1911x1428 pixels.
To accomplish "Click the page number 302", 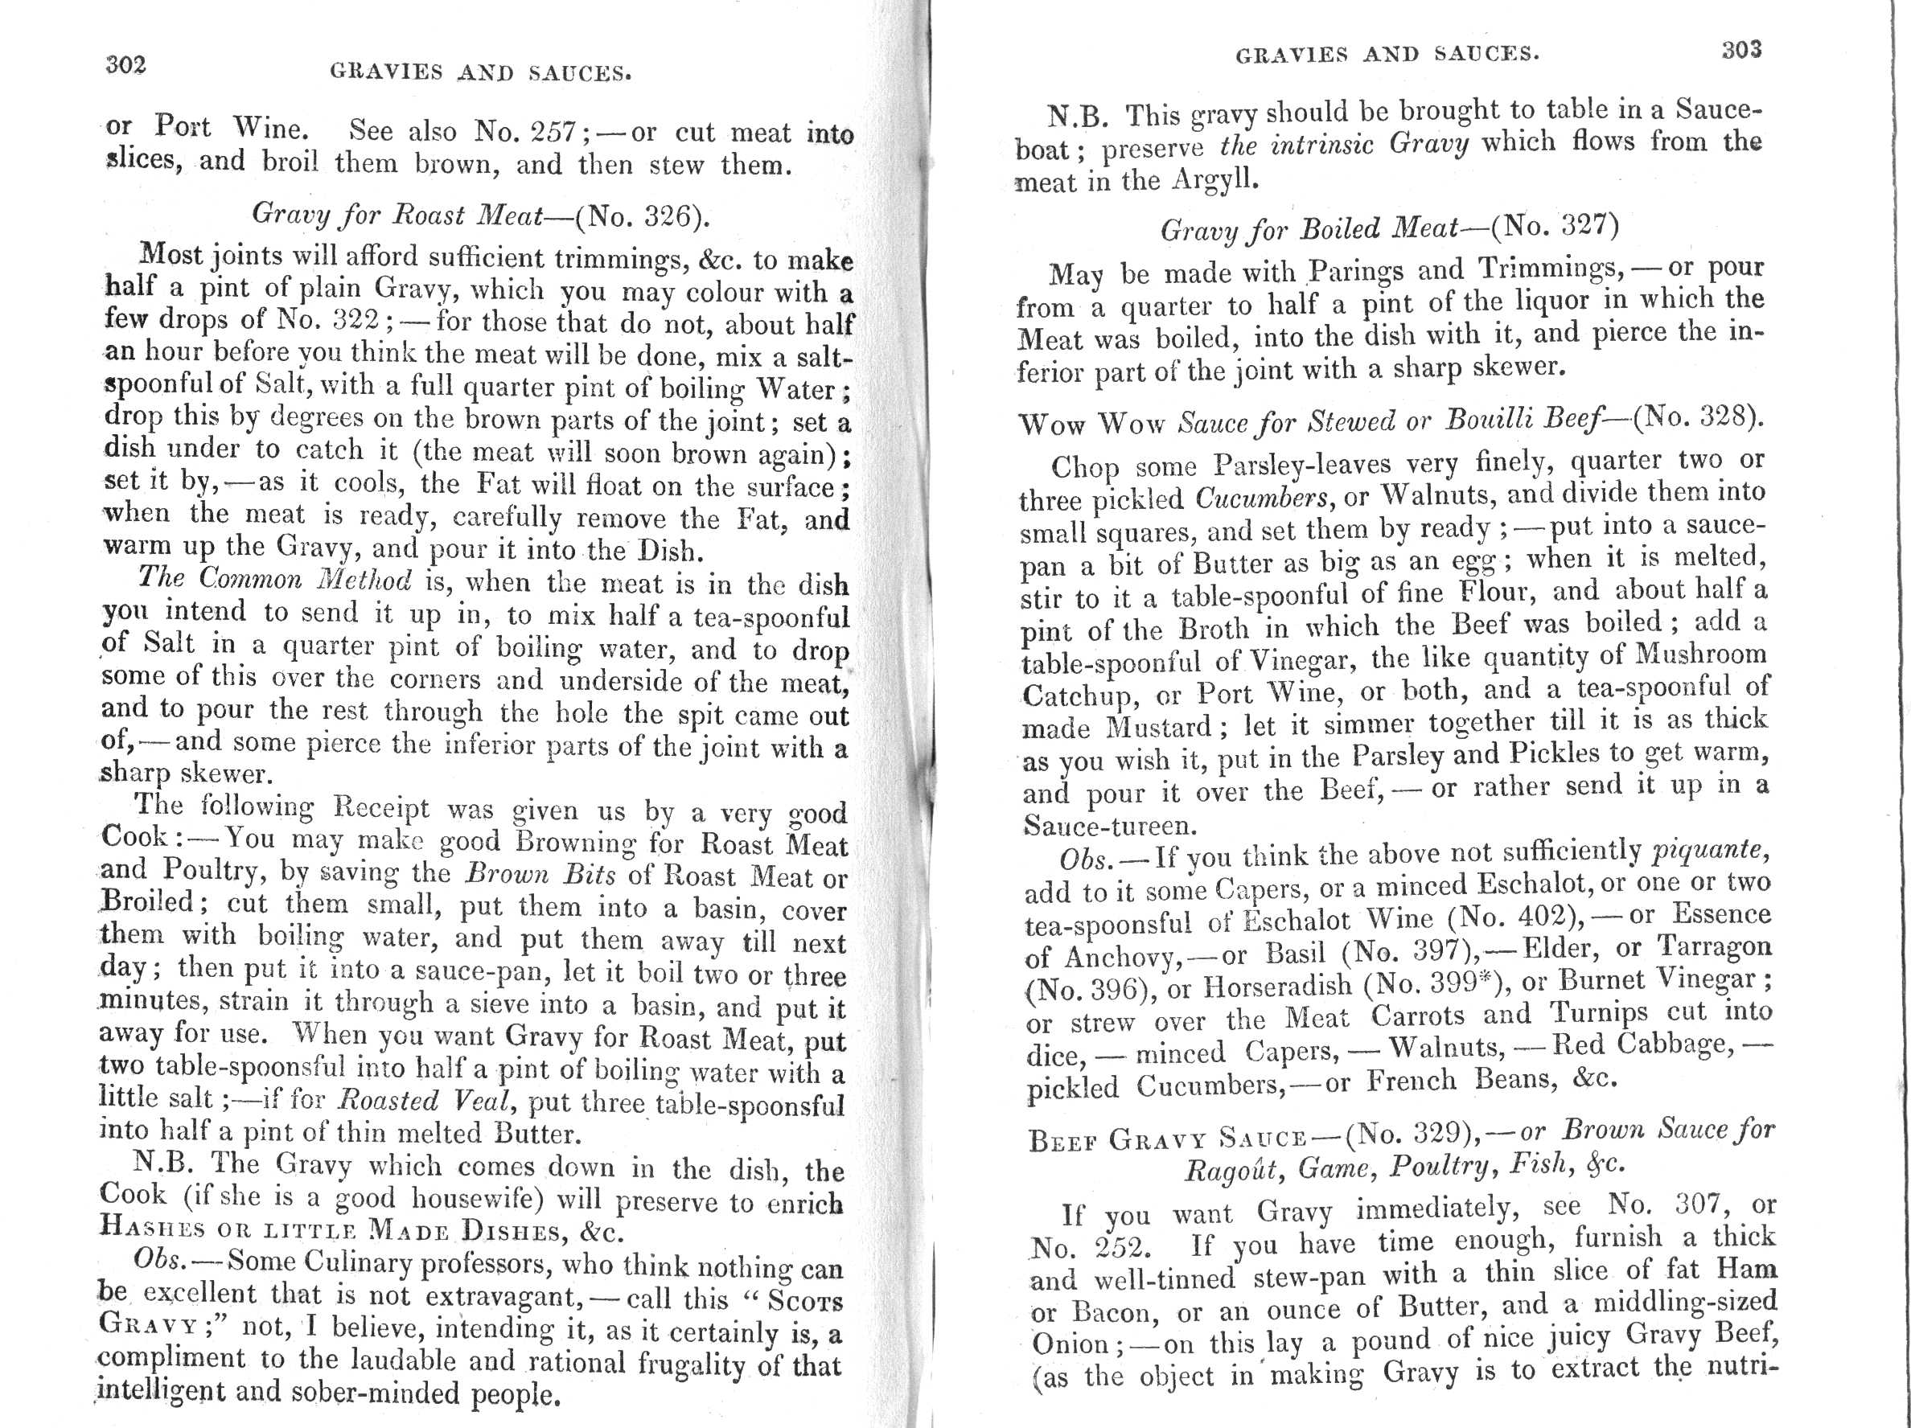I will pyautogui.click(x=125, y=64).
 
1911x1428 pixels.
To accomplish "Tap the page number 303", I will pyautogui.click(x=1740, y=49).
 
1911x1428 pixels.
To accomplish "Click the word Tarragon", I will pyautogui.click(x=1714, y=947).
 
